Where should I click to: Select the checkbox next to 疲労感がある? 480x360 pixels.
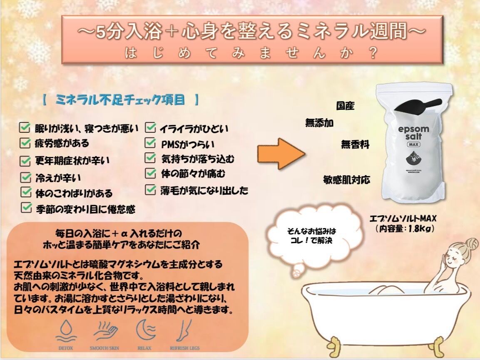(x=25, y=143)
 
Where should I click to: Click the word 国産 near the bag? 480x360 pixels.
(x=345, y=106)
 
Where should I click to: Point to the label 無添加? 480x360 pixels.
(x=319, y=123)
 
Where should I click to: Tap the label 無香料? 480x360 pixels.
(x=355, y=144)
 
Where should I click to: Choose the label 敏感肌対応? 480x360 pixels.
(x=346, y=180)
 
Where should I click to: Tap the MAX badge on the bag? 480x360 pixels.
(x=413, y=144)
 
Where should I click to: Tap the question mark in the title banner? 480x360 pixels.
(x=373, y=53)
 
